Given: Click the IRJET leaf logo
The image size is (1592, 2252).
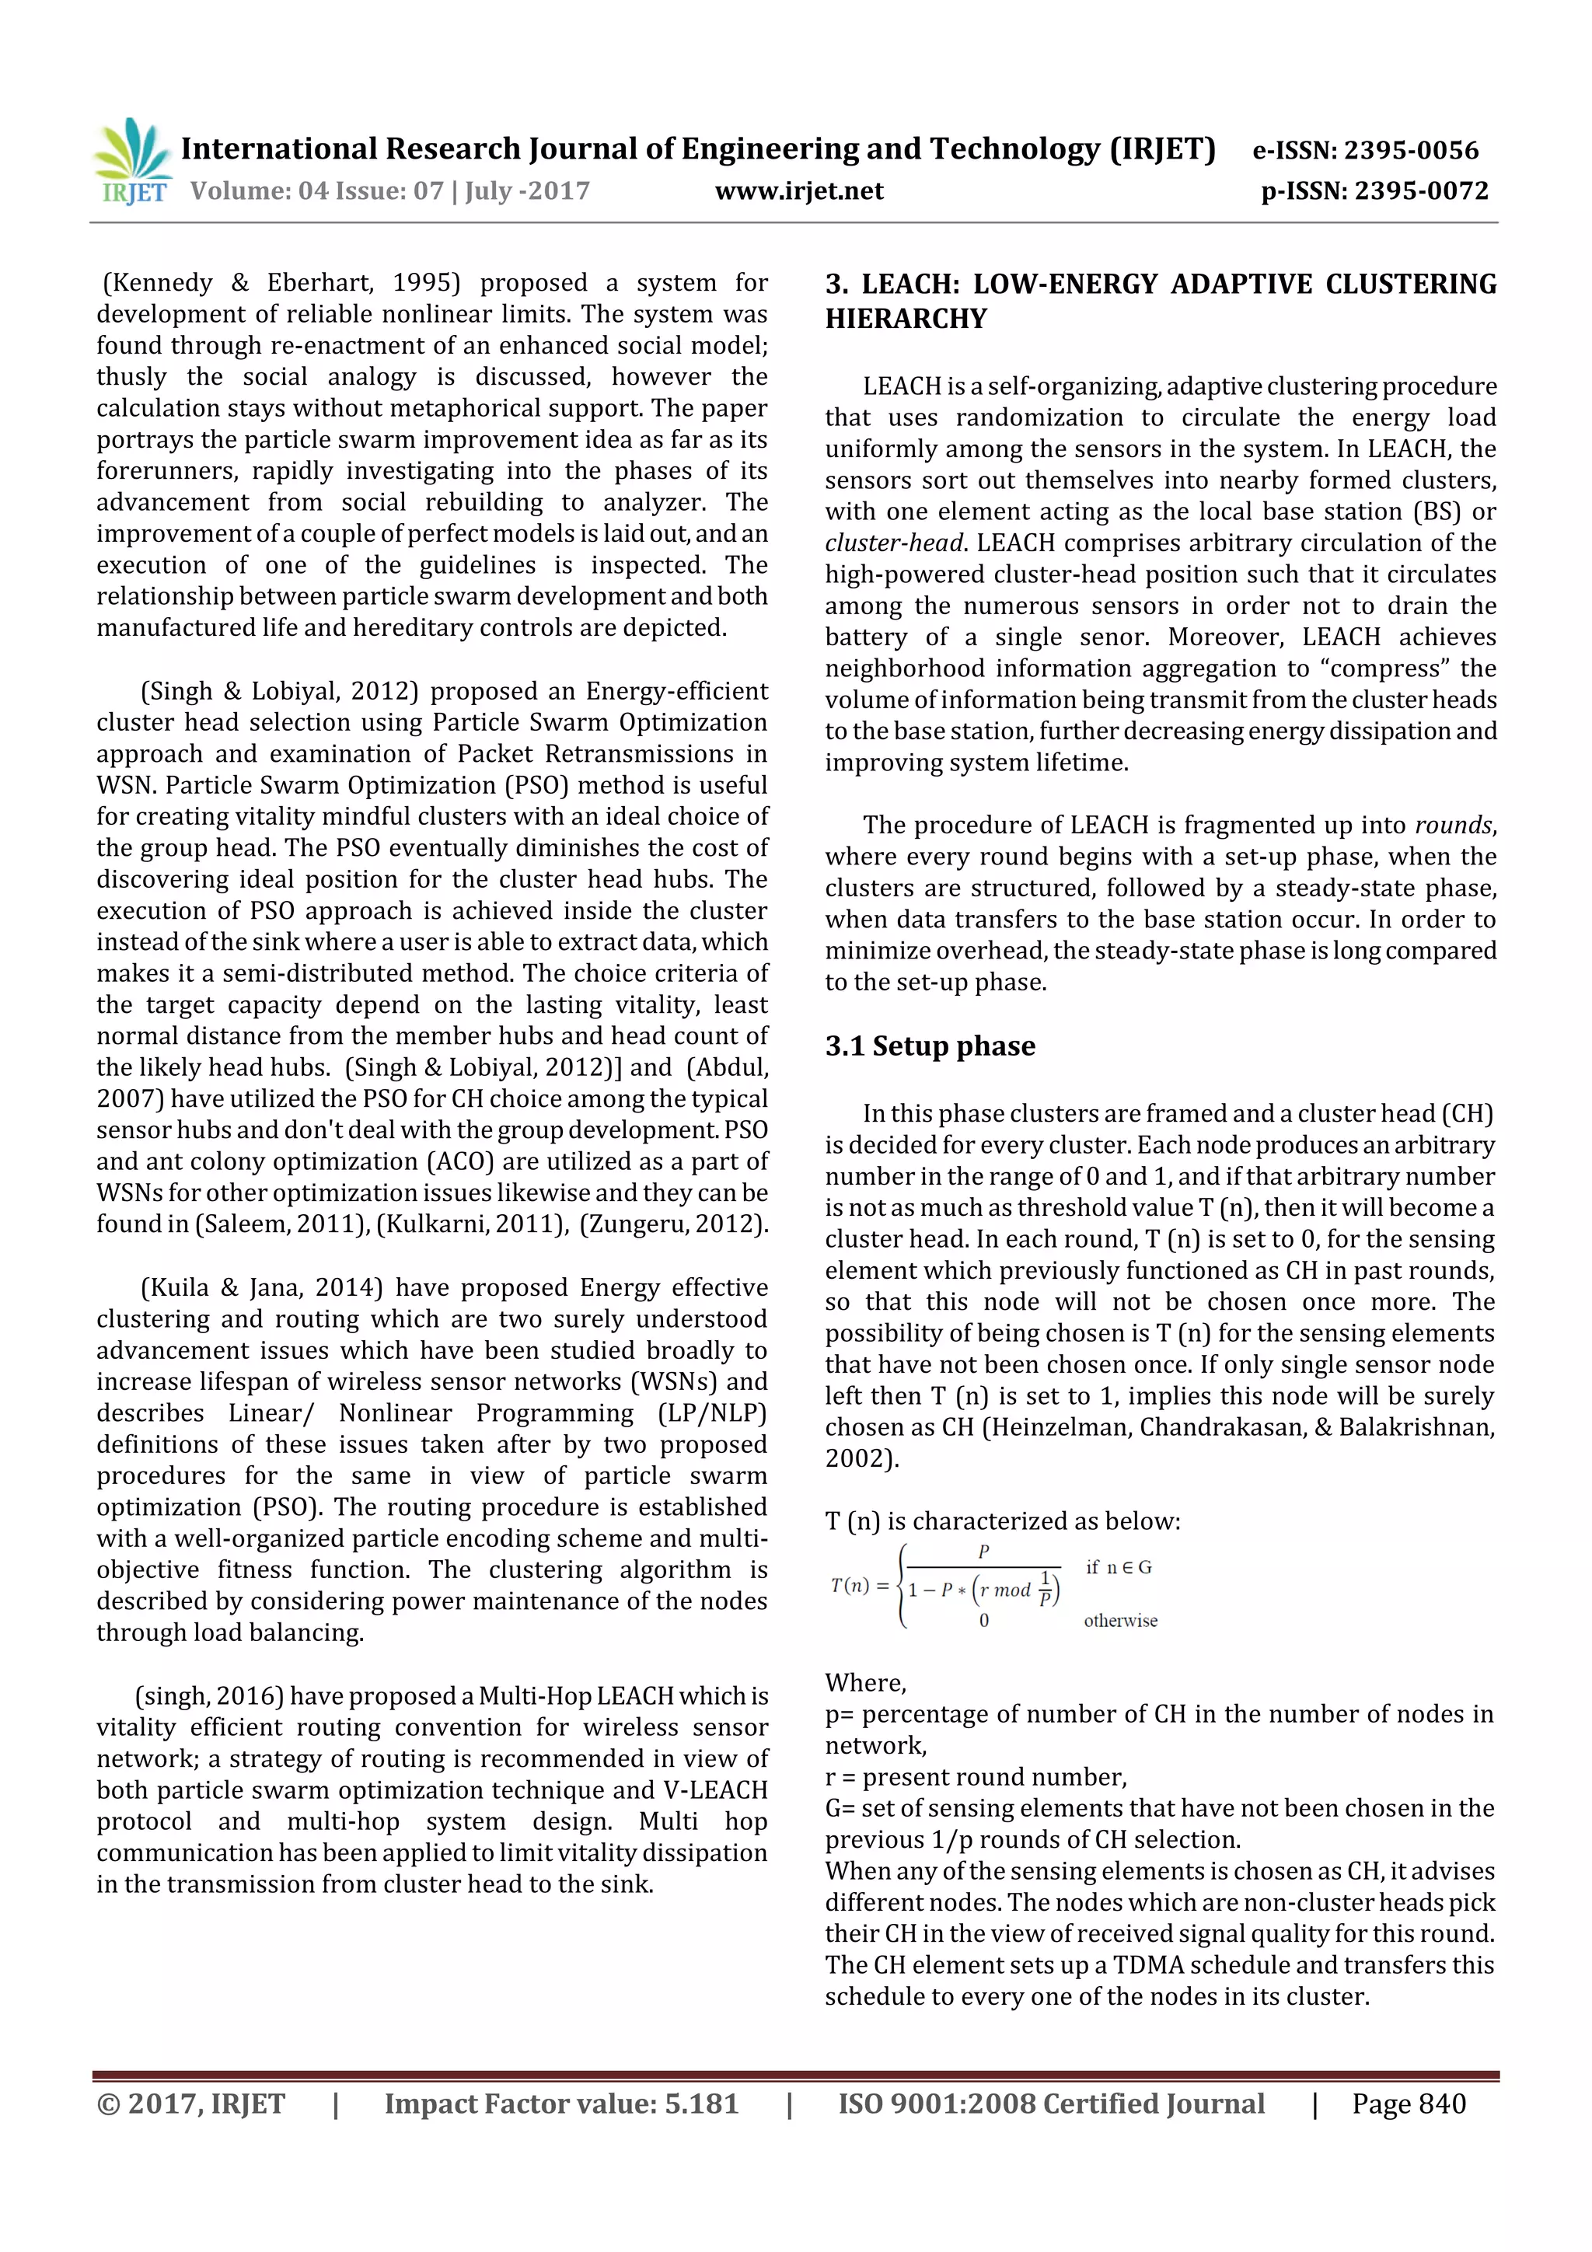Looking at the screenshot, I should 132,160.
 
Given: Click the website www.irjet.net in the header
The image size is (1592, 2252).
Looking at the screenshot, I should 798,190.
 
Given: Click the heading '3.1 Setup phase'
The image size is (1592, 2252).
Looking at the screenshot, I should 929,1046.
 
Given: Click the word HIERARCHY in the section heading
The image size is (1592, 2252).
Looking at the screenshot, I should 906,319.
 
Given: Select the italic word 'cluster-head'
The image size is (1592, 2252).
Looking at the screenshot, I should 894,543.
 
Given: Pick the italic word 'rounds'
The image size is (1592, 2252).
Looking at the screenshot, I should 1453,825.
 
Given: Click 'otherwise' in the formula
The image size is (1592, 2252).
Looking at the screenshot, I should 1119,1622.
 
